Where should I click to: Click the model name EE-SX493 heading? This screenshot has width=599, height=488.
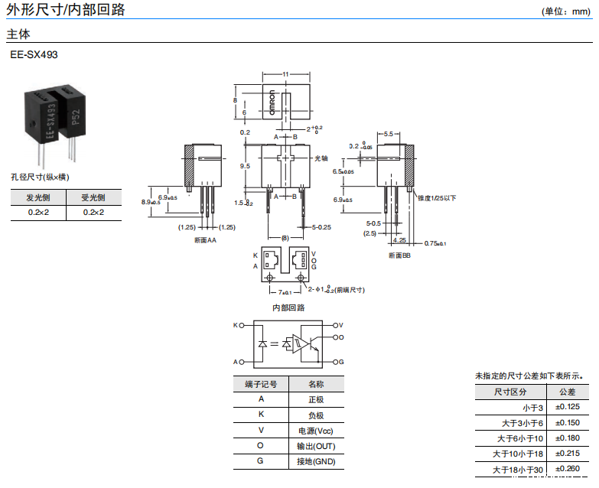34,55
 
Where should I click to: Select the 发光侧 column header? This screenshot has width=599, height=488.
38,197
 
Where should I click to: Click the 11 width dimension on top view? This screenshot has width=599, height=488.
285,74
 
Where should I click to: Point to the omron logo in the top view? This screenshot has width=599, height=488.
272,104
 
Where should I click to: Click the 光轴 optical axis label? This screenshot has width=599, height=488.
322,158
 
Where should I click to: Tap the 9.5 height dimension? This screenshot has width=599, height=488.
245,166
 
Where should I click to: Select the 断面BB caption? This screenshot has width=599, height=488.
399,255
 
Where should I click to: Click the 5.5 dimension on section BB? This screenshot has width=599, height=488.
388,134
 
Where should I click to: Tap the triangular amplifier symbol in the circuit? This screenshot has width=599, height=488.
302,344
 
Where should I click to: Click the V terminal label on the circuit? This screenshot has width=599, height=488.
341,325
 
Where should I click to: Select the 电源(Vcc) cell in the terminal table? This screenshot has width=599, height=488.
316,431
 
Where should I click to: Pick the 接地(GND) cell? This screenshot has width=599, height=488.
316,461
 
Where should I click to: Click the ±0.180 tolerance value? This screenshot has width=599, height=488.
568,438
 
